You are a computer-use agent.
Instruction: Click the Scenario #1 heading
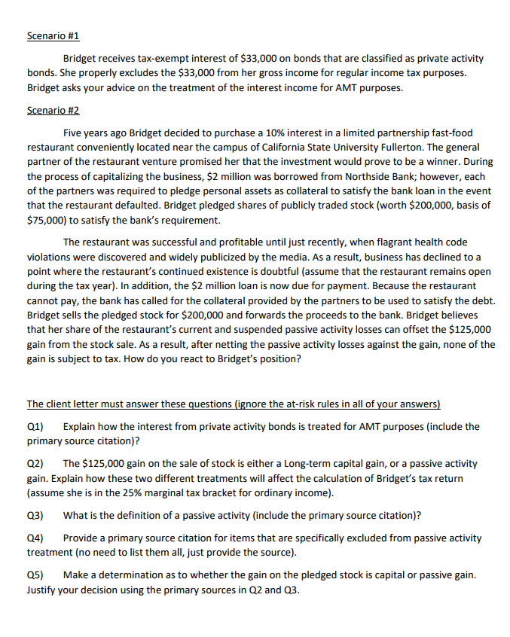point(53,36)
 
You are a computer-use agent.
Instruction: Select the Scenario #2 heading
point(53,110)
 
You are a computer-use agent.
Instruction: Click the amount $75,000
point(47,221)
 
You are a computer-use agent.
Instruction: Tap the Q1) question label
point(35,426)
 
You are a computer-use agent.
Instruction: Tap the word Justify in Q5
point(44,590)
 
